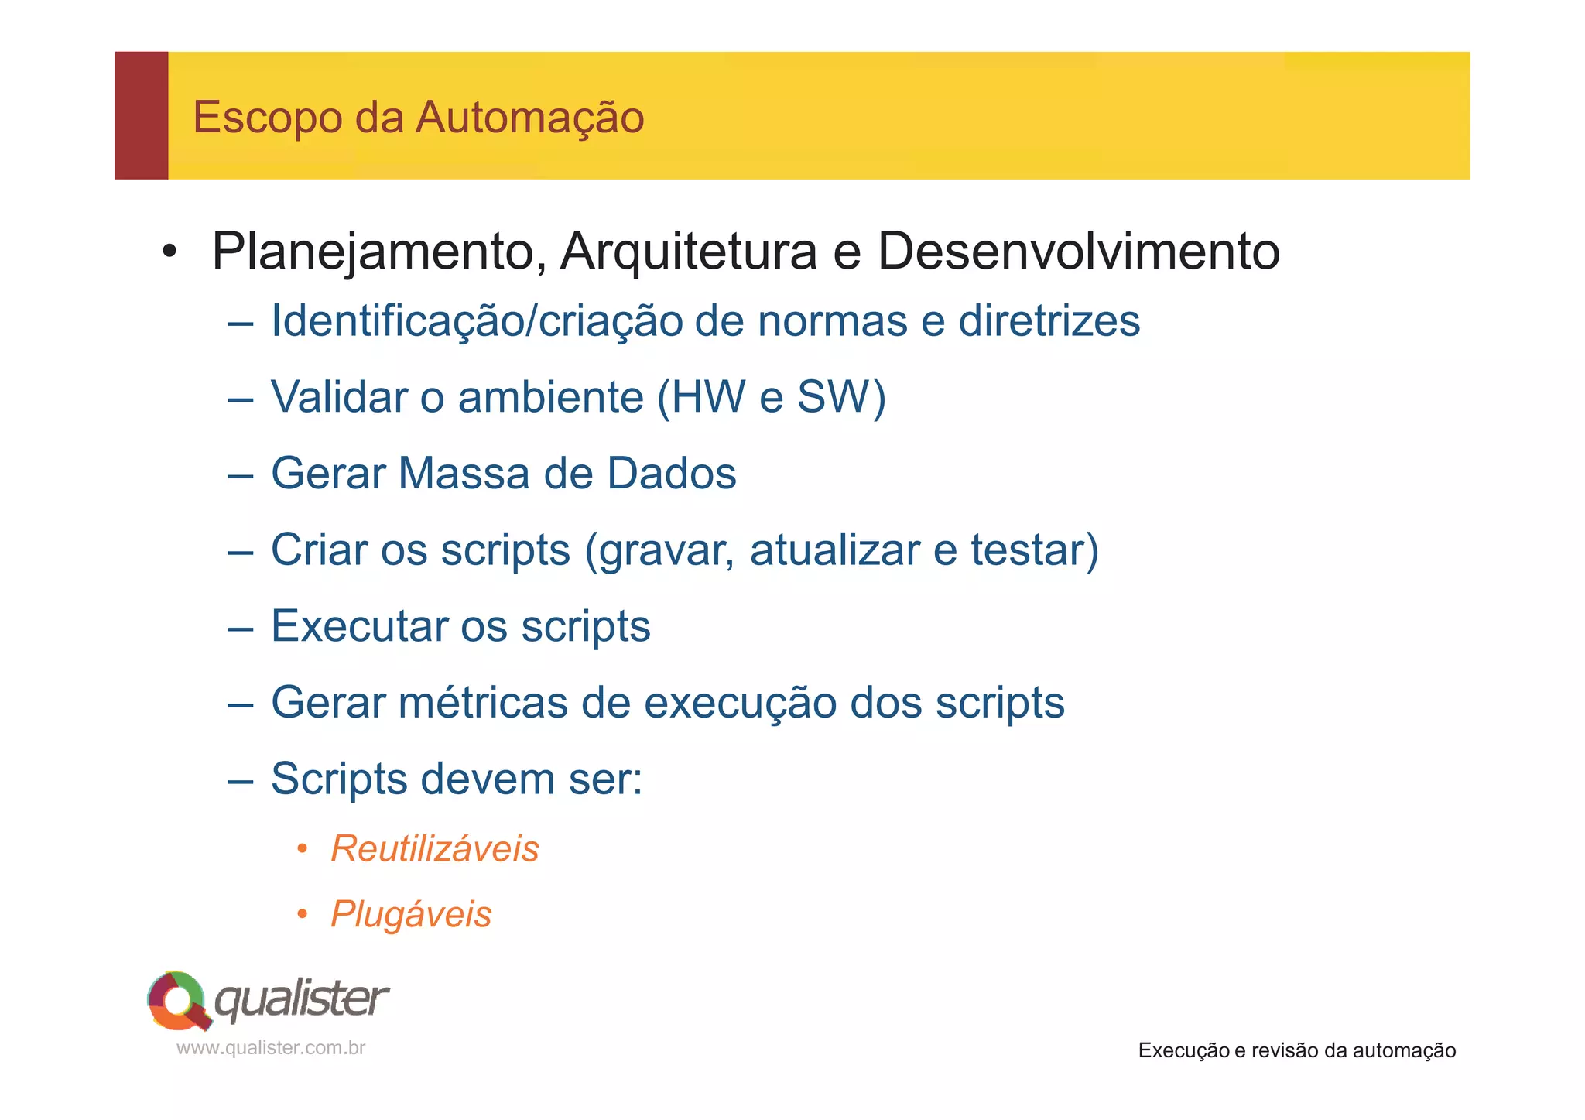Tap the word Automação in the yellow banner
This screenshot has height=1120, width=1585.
tap(529, 118)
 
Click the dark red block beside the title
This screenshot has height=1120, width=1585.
tap(142, 115)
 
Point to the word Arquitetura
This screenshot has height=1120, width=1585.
tap(688, 252)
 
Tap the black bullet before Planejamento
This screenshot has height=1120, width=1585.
tap(169, 252)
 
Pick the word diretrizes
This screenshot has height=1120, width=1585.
tap(1049, 320)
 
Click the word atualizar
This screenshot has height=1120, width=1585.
tap(834, 550)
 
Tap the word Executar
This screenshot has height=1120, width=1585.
tap(359, 625)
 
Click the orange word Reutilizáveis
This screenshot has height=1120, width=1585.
tap(434, 848)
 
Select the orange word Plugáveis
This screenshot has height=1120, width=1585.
tap(411, 914)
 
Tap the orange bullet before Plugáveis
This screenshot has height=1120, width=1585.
tap(303, 915)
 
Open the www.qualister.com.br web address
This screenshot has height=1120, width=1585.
tap(271, 1048)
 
